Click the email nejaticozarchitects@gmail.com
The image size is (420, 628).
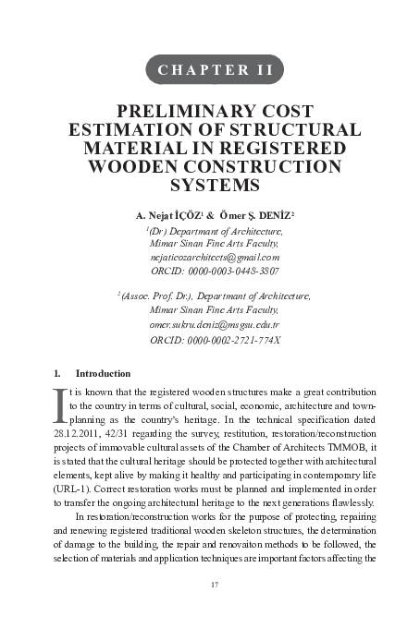click(215, 258)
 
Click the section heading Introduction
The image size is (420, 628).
click(102, 373)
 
